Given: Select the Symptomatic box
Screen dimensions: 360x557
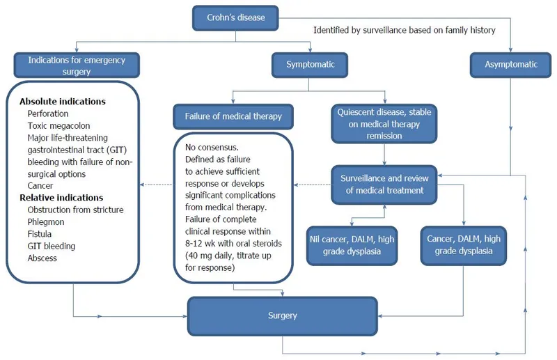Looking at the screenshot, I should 311,64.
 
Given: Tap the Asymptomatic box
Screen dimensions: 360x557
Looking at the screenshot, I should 511,64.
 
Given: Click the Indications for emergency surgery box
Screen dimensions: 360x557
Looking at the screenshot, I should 77,65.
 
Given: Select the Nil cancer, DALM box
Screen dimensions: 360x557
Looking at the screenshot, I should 351,244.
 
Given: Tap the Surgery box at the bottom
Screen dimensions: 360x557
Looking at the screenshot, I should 282,315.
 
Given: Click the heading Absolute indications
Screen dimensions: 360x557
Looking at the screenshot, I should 62,101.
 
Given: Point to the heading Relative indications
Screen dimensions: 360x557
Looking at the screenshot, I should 61,198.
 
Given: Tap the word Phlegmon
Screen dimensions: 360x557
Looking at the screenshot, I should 47,222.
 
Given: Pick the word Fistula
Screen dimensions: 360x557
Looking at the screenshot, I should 40,234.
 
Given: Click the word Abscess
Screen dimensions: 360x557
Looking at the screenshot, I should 42,258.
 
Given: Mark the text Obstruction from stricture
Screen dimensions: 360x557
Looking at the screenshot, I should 75,210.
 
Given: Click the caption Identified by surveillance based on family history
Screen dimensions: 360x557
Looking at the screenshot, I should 405,30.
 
